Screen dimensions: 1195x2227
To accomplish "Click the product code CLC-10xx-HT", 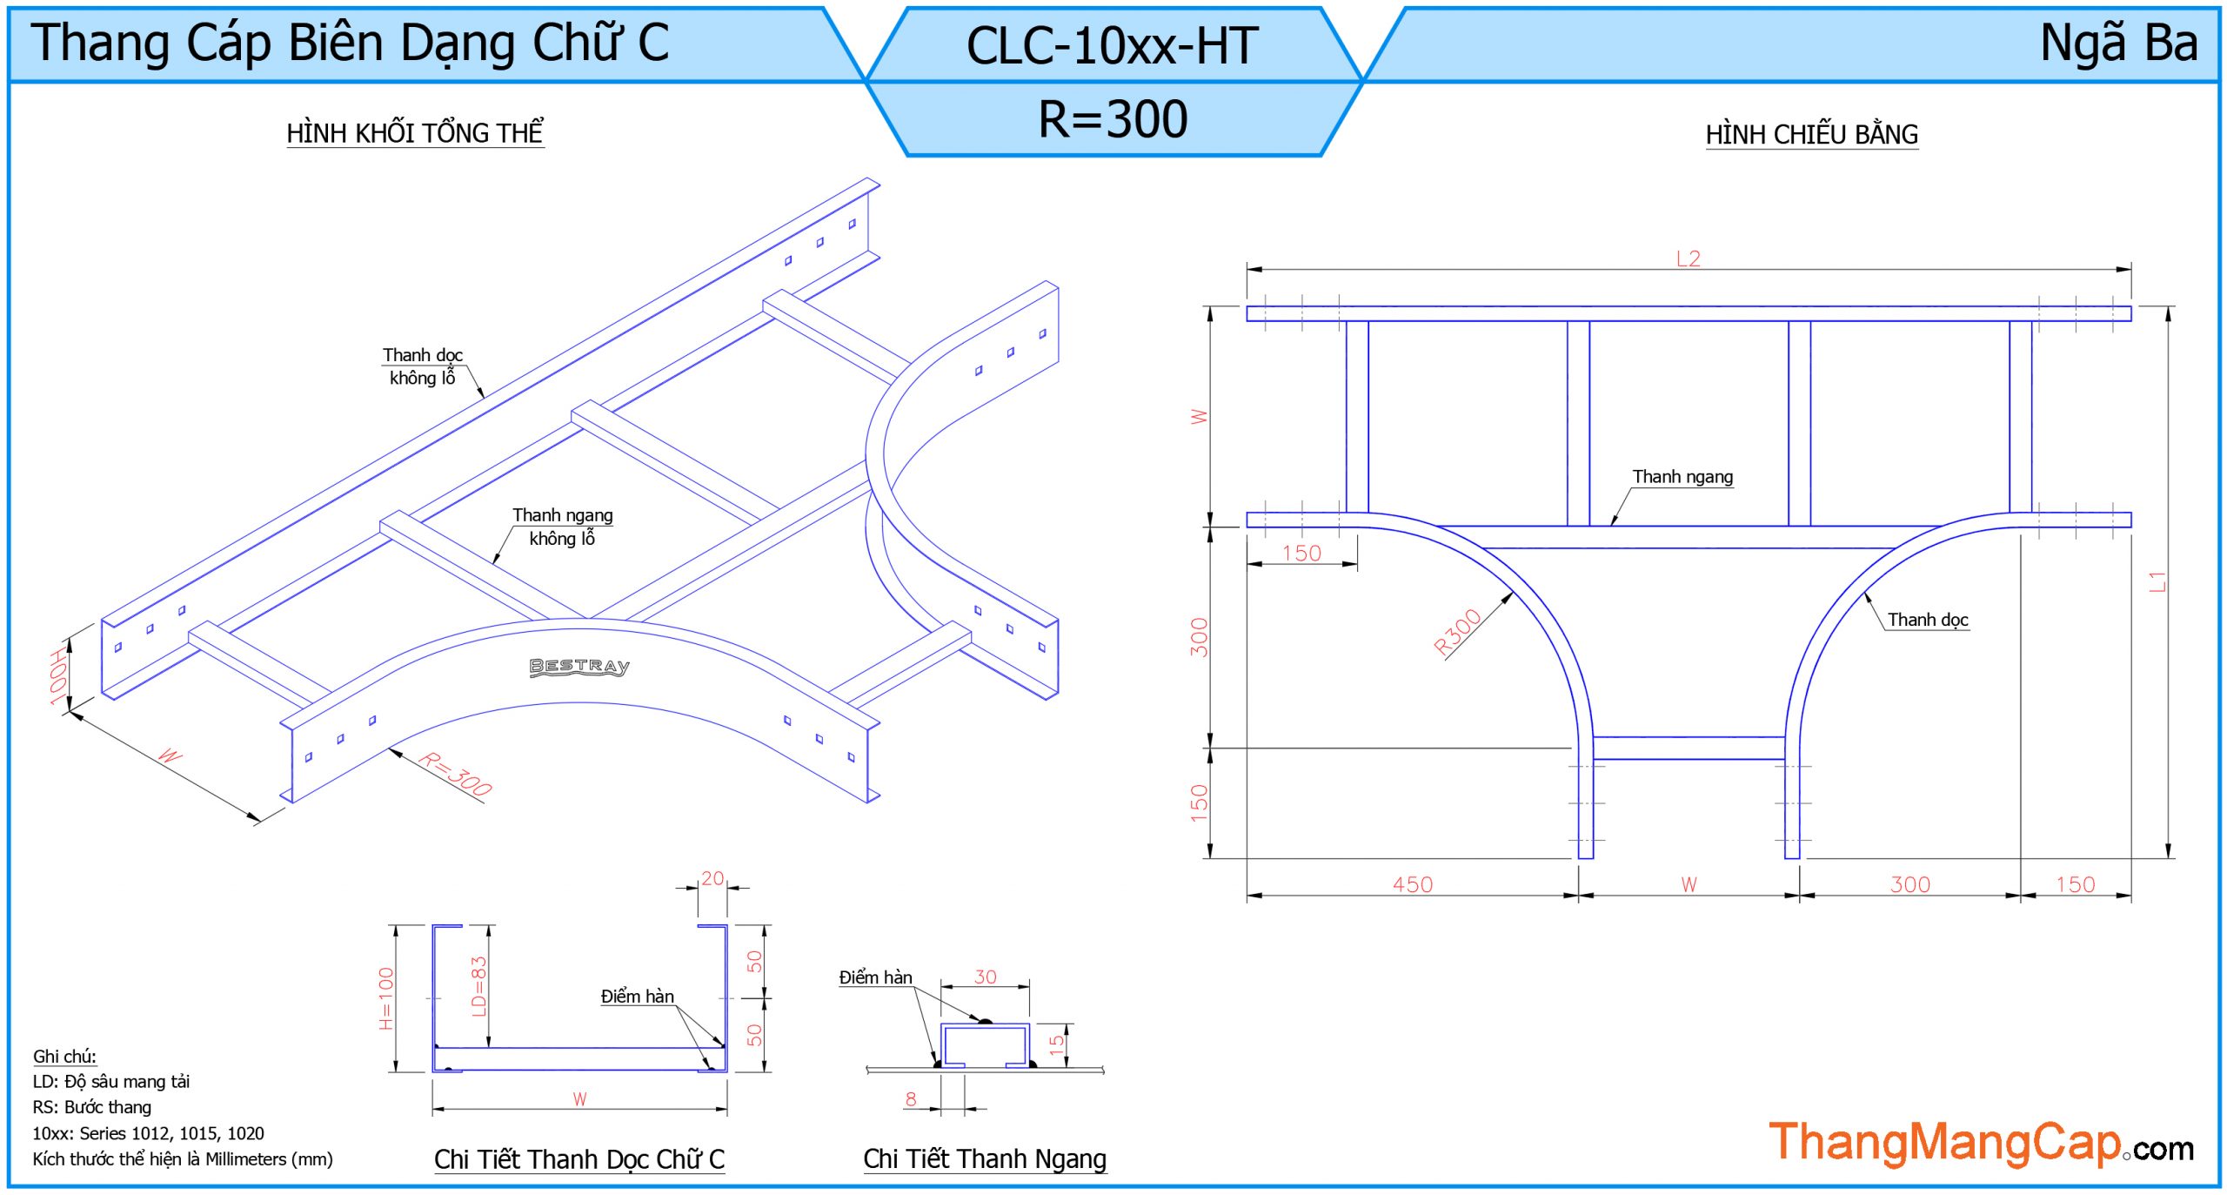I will (x=1113, y=45).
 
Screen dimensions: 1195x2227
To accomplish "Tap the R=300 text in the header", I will (x=1113, y=119).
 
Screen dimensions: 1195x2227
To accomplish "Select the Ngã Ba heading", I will (x=2118, y=43).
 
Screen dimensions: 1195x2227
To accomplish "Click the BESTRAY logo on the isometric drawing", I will (x=579, y=667).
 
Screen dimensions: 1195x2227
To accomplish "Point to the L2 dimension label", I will (x=1688, y=258).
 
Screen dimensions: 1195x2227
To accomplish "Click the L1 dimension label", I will (x=2157, y=581).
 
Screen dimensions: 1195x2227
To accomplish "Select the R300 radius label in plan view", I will (x=1457, y=632).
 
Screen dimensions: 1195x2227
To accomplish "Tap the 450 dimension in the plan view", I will (x=1412, y=884).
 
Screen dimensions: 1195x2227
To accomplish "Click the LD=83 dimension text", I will (x=478, y=986).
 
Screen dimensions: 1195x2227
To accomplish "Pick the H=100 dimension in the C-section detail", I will (x=386, y=998).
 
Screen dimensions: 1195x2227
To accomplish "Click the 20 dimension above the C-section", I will (x=712, y=878).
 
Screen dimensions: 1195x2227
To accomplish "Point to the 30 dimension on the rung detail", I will (x=985, y=977).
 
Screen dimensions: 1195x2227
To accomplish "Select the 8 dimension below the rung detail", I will (x=910, y=1098).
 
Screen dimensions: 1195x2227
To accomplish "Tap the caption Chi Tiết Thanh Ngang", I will (x=985, y=1158).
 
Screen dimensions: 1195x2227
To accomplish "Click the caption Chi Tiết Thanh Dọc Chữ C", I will (x=579, y=1159).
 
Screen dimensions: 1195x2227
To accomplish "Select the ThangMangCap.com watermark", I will (x=1981, y=1142).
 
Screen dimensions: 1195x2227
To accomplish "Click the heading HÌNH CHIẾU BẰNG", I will (x=1811, y=135).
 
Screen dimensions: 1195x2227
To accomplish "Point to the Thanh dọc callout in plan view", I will (x=1927, y=620).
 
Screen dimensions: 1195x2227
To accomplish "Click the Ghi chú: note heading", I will (x=64, y=1056).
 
